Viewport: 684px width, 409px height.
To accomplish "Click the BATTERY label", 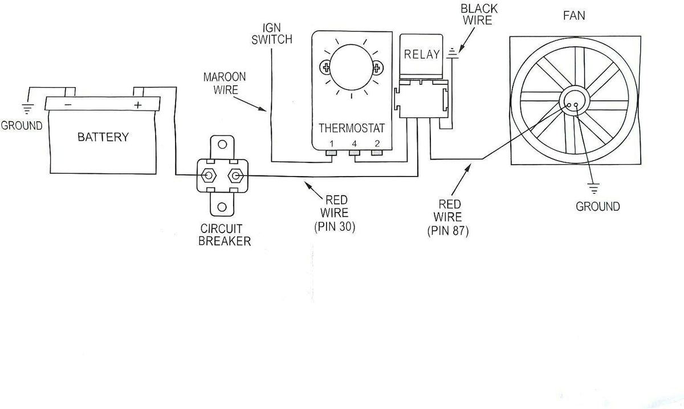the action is (103, 137).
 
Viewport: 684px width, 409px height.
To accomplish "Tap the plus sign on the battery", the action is (138, 105).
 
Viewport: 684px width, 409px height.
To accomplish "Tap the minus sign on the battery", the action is (68, 105).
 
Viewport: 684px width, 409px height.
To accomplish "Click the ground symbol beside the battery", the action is (27, 109).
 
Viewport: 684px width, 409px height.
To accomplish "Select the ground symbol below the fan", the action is (593, 189).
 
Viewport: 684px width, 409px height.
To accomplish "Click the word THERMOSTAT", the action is (352, 128).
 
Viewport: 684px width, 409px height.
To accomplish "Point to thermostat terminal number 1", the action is (331, 153).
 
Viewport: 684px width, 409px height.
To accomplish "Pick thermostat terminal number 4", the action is (355, 153).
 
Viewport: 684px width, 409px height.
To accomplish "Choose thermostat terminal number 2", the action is (377, 153).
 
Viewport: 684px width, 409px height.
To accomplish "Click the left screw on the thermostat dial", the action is (326, 67).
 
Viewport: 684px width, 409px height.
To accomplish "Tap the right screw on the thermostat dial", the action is (377, 67).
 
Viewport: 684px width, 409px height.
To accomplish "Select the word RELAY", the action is (422, 54).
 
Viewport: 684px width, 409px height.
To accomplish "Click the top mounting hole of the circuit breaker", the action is (222, 144).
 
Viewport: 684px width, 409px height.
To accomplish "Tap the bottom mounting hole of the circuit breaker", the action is (222, 207).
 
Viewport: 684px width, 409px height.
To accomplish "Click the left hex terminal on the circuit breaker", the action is (209, 175).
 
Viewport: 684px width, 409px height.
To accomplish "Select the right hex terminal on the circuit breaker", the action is (235, 175).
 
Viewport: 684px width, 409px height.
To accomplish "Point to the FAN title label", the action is (574, 15).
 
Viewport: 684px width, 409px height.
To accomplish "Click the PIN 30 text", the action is (335, 227).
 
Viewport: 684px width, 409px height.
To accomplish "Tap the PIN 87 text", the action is (447, 231).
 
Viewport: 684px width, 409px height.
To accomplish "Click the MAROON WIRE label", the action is (225, 83).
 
